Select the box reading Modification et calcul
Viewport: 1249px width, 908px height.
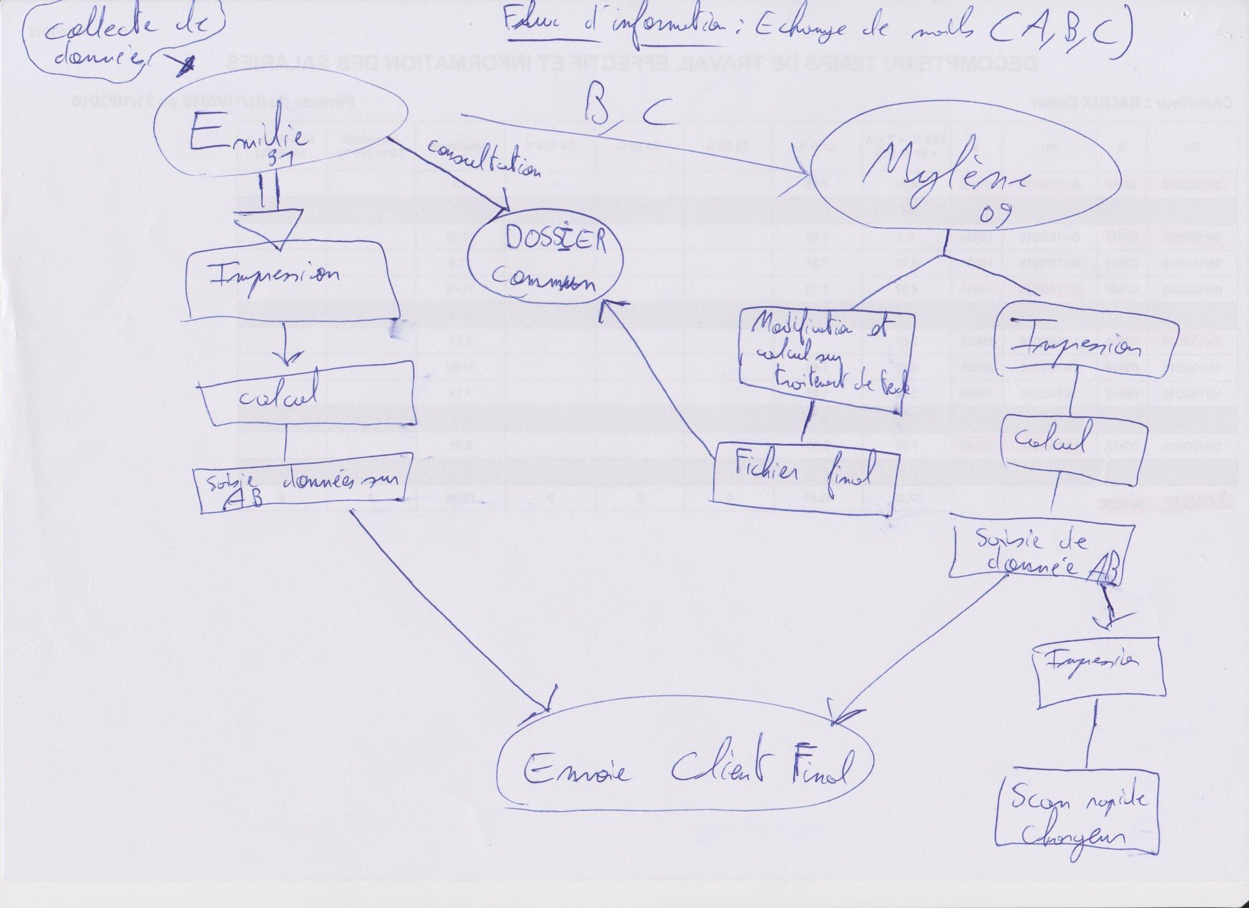827,356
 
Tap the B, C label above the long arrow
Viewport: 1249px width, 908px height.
626,108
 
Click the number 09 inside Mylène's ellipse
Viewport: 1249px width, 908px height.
995,215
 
